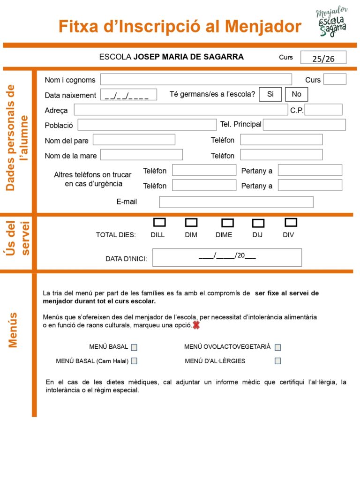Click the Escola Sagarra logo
coord(332,22)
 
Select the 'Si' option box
coord(270,94)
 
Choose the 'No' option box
coord(296,94)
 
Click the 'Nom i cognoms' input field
coord(196,80)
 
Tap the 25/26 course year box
coord(323,58)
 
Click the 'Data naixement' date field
coord(128,95)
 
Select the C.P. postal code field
coord(323,110)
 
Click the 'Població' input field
coord(147,125)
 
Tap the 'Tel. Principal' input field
coord(304,125)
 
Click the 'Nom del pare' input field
coord(134,140)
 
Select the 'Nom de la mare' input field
coord(142,155)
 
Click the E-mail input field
coord(236,202)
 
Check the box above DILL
coord(160,222)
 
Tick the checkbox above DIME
coord(228,223)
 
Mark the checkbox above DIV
coord(291,222)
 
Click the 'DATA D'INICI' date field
coord(227,257)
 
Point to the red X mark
coord(196,325)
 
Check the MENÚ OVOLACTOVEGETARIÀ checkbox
coord(278,347)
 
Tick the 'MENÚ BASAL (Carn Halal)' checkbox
coord(134,361)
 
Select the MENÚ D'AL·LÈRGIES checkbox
coord(278,361)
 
